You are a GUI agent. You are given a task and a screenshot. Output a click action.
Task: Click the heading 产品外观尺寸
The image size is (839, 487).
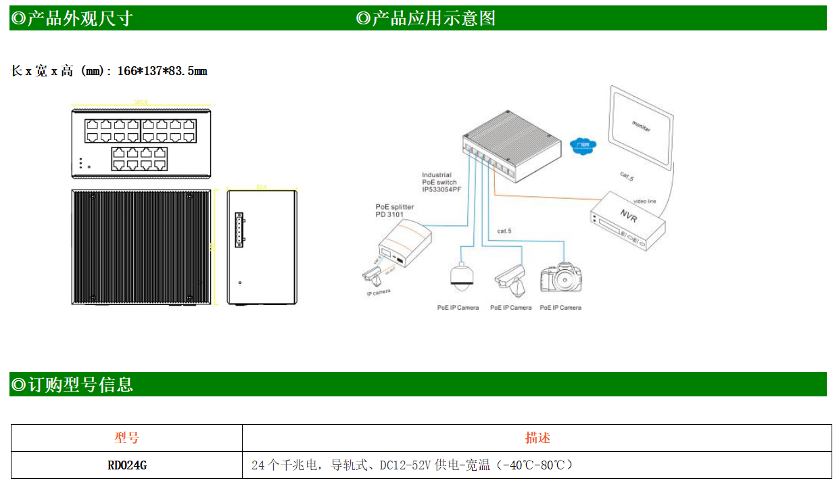78,18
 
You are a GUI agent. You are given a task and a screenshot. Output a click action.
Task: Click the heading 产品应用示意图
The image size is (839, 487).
433,18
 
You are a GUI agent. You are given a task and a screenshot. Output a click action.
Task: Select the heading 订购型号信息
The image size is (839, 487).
78,385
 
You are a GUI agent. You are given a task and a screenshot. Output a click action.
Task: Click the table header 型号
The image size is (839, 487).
126,438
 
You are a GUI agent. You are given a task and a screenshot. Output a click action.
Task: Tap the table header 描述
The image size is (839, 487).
537,438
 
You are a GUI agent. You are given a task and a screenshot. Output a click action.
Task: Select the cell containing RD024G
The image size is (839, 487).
126,465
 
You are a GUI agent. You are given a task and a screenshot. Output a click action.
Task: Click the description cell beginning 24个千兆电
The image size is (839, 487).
412,465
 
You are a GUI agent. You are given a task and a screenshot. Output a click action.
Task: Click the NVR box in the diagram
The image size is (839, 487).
627,219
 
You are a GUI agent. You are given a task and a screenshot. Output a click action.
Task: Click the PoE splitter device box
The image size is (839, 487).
404,245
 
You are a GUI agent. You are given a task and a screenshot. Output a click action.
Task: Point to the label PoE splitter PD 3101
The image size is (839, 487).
395,210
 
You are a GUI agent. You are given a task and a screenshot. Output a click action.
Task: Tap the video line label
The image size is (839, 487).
644,201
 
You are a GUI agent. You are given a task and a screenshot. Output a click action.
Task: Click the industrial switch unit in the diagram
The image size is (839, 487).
512,149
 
